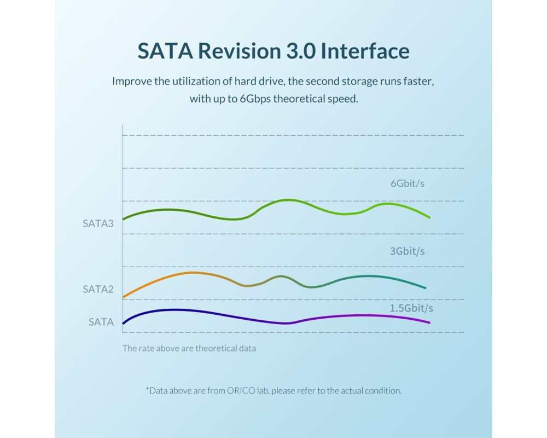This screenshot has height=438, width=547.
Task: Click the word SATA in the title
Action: pyautogui.click(x=164, y=51)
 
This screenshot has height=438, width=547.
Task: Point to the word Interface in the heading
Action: pyautogui.click(x=365, y=51)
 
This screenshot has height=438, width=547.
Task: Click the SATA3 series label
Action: pyautogui.click(x=98, y=223)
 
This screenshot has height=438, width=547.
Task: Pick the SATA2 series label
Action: pyautogui.click(x=98, y=289)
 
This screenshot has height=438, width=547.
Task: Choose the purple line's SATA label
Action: pyautogui.click(x=101, y=322)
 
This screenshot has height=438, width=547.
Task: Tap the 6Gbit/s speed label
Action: pyautogui.click(x=408, y=183)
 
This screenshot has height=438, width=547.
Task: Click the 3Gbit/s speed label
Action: pyautogui.click(x=408, y=251)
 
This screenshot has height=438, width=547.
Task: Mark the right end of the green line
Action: pyautogui.click(x=429, y=217)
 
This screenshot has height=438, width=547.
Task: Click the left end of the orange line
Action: pyautogui.click(x=123, y=297)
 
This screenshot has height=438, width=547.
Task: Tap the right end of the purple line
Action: pyautogui.click(x=429, y=322)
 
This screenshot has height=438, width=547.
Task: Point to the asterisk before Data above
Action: pyautogui.click(x=147, y=389)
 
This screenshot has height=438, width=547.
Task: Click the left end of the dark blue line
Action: pyautogui.click(x=123, y=323)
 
